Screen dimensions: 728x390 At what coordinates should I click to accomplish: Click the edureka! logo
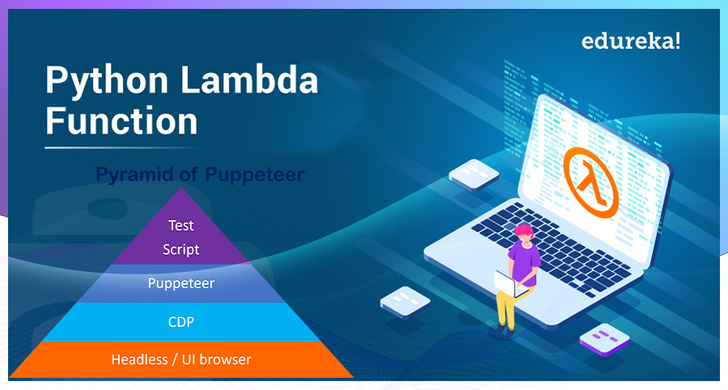[630, 41]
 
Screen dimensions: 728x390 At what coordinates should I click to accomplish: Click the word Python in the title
[107, 81]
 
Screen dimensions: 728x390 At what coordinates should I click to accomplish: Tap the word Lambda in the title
[249, 79]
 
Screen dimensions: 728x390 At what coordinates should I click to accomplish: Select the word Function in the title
[121, 121]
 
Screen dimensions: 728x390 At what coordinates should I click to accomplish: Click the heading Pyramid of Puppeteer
[200, 175]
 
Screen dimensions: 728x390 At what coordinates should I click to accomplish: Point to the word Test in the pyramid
[180, 226]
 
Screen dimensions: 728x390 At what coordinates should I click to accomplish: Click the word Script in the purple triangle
[180, 250]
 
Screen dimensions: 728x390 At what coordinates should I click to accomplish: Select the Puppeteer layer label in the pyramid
[181, 283]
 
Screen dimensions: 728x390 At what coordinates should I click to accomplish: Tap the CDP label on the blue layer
[181, 322]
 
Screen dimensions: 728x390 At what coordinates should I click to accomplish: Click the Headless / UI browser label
[181, 359]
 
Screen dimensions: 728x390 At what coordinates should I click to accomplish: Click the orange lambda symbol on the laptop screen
[591, 183]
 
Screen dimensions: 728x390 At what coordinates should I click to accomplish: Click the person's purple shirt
[525, 261]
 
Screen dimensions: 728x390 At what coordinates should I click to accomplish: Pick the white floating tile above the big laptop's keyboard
[473, 174]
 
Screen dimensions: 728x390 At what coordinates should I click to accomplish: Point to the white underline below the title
[121, 147]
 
